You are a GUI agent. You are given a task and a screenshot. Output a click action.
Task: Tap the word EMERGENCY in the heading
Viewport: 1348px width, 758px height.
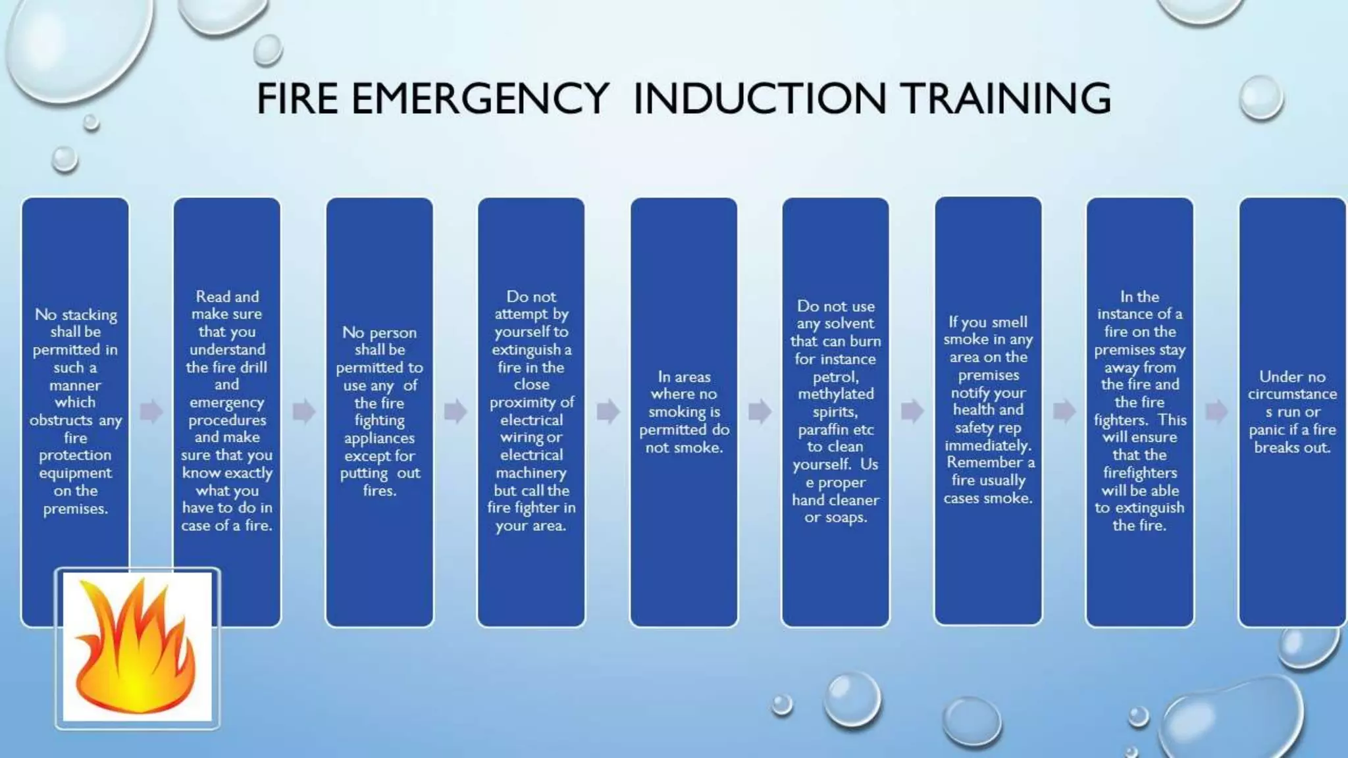(x=480, y=99)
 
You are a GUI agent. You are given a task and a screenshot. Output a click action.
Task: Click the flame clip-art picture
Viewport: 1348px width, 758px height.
(x=137, y=648)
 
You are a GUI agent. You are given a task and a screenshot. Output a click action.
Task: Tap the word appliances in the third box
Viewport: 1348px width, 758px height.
(x=379, y=438)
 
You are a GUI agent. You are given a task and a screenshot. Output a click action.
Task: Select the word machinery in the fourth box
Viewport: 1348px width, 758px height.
(x=531, y=473)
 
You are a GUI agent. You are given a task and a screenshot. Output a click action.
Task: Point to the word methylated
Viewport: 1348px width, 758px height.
(x=836, y=394)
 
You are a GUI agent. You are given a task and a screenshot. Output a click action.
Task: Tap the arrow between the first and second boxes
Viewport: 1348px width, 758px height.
(x=151, y=411)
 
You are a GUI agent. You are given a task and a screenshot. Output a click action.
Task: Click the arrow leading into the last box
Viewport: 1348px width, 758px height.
(x=1216, y=411)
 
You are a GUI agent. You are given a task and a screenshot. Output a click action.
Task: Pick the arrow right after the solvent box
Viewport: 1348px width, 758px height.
(x=912, y=411)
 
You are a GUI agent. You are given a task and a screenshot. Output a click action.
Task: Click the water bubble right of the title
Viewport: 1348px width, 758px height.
(x=1261, y=98)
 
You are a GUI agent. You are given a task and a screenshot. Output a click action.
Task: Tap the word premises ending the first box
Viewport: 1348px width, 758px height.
(x=75, y=509)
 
